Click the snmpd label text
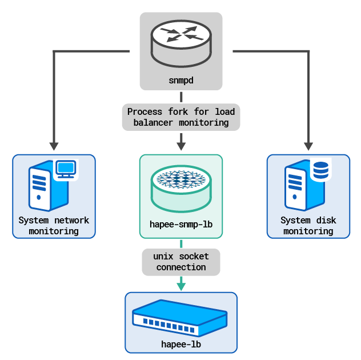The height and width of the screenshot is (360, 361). coord(181,81)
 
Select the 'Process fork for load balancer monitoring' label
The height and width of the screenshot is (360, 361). coord(181,117)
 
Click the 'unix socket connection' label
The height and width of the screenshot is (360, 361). coord(181,262)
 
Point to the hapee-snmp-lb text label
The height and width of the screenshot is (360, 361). coord(181,225)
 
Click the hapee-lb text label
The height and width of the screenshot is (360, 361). coord(181,344)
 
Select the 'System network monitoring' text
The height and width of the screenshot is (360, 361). coord(54,226)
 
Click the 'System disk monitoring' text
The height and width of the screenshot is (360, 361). coord(308,226)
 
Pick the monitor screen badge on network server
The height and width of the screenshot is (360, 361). coord(65,169)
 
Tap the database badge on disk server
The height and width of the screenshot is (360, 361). coord(320,169)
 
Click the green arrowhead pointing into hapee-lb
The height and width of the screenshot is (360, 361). coord(181,285)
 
